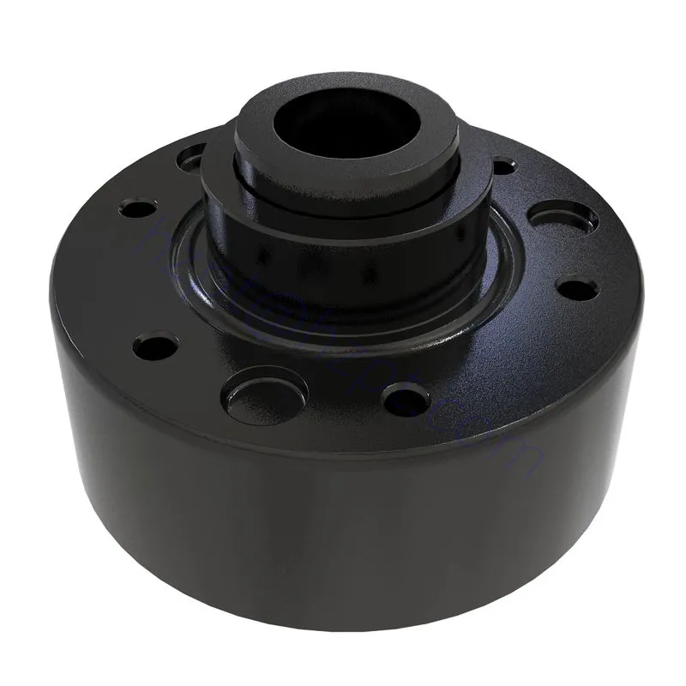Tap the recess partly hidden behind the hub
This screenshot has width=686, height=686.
[x=193, y=158]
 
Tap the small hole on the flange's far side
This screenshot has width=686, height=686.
[x=504, y=163]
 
